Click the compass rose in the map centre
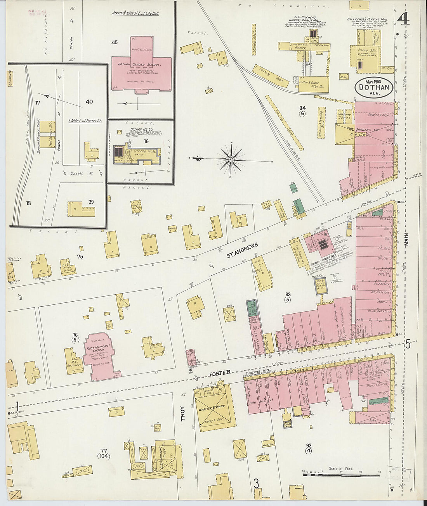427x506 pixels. pos(231,159)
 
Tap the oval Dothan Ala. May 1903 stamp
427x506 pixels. pos(374,88)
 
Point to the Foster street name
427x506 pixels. pos(220,373)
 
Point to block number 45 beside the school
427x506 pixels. pos(115,42)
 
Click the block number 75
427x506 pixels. pos(80,256)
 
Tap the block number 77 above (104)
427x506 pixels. pos(104,451)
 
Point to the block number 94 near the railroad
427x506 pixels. pos(302,107)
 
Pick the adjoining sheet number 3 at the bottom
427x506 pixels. pos(256,484)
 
